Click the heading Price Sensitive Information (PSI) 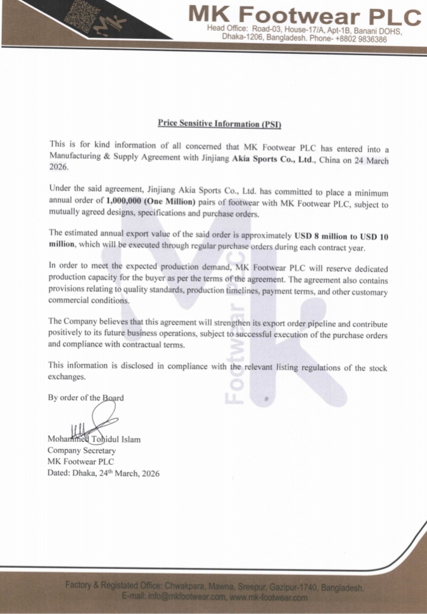click(219, 124)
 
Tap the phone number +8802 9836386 click(362, 38)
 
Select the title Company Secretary click(82, 450)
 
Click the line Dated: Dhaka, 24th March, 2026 click(103, 473)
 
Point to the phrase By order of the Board click(86, 398)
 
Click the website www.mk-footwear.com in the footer click(269, 597)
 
